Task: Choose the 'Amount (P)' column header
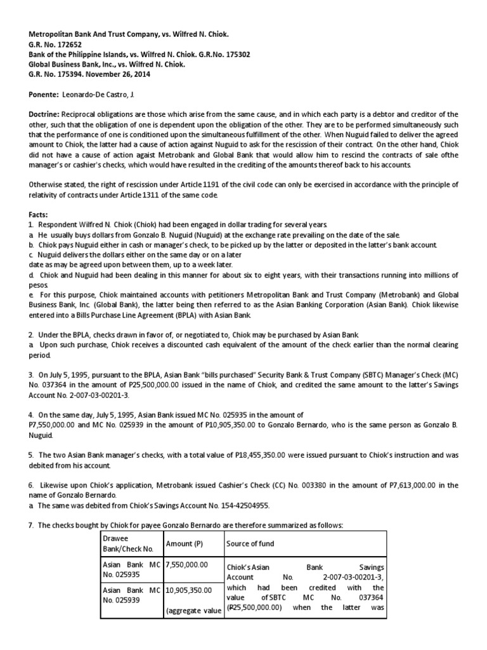pos(185,544)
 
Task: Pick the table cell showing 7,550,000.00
pos(188,564)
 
